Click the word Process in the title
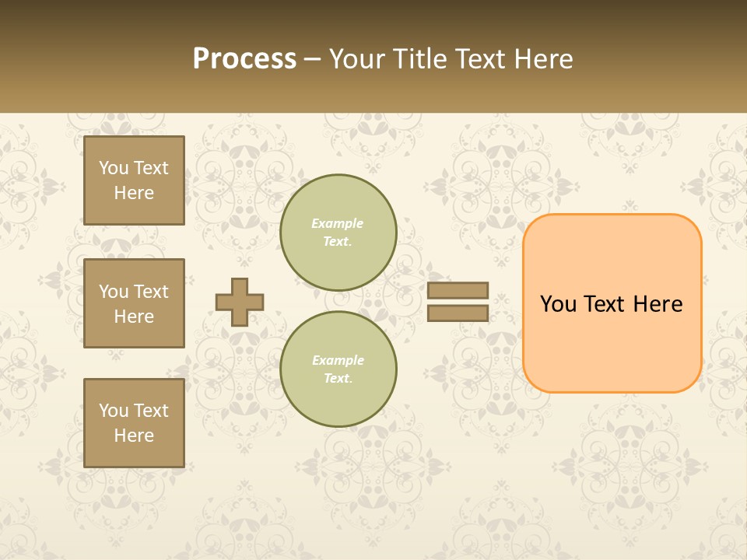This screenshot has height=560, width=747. tap(244, 59)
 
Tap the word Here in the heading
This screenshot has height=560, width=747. tap(540, 59)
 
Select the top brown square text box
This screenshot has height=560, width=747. tap(134, 180)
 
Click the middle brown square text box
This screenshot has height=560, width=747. tap(134, 303)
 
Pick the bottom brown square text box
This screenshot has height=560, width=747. tap(134, 423)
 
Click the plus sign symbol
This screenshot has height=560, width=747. tap(240, 302)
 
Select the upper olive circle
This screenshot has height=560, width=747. tap(338, 233)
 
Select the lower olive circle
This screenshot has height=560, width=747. tap(338, 369)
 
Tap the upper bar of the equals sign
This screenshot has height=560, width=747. tap(458, 291)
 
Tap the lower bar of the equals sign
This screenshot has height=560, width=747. tap(458, 313)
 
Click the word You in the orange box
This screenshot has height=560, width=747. tap(558, 304)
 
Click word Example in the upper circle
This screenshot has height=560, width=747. tap(338, 223)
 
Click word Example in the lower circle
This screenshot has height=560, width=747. tap(338, 360)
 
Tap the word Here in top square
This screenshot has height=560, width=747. tap(134, 193)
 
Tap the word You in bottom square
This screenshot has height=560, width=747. tap(114, 411)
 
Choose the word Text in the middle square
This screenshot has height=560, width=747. tap(151, 292)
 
